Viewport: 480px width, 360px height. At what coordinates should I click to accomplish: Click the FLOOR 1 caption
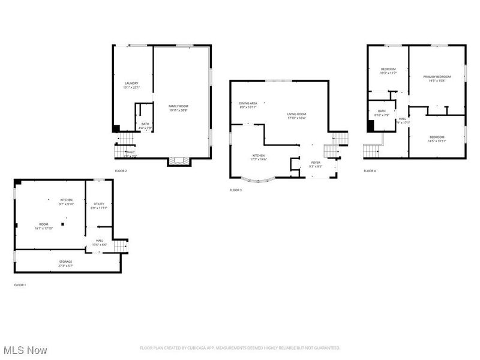click(20, 285)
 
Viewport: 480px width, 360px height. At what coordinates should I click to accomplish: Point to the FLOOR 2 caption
click(121, 171)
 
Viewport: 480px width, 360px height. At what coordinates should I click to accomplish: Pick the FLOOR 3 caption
click(236, 190)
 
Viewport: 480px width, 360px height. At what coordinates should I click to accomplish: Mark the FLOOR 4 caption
click(370, 171)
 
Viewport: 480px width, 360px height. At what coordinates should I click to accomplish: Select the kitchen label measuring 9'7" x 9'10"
click(66, 202)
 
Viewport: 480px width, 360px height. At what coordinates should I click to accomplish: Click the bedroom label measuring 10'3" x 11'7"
click(388, 71)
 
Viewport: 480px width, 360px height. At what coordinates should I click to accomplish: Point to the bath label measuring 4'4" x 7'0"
click(145, 125)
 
